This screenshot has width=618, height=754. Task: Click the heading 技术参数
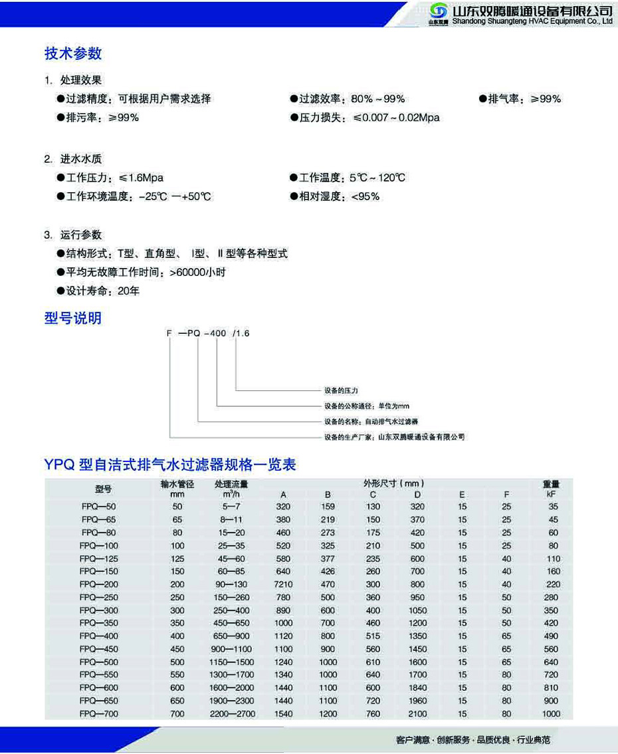pyautogui.click(x=73, y=53)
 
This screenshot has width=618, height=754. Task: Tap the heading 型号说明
pyautogui.click(x=73, y=318)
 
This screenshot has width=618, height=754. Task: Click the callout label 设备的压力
pyautogui.click(x=341, y=391)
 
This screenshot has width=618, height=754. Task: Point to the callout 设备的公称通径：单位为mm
pyautogui.click(x=366, y=406)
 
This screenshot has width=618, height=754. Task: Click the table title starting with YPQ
pyautogui.click(x=170, y=465)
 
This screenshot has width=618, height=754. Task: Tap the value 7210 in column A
pyautogui.click(x=284, y=584)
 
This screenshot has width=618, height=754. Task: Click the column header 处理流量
pyautogui.click(x=231, y=485)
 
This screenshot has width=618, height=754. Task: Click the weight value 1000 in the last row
pyautogui.click(x=552, y=714)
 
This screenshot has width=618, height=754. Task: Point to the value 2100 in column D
pyautogui.click(x=417, y=714)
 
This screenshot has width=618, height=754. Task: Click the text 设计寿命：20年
pyautogui.click(x=102, y=291)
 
